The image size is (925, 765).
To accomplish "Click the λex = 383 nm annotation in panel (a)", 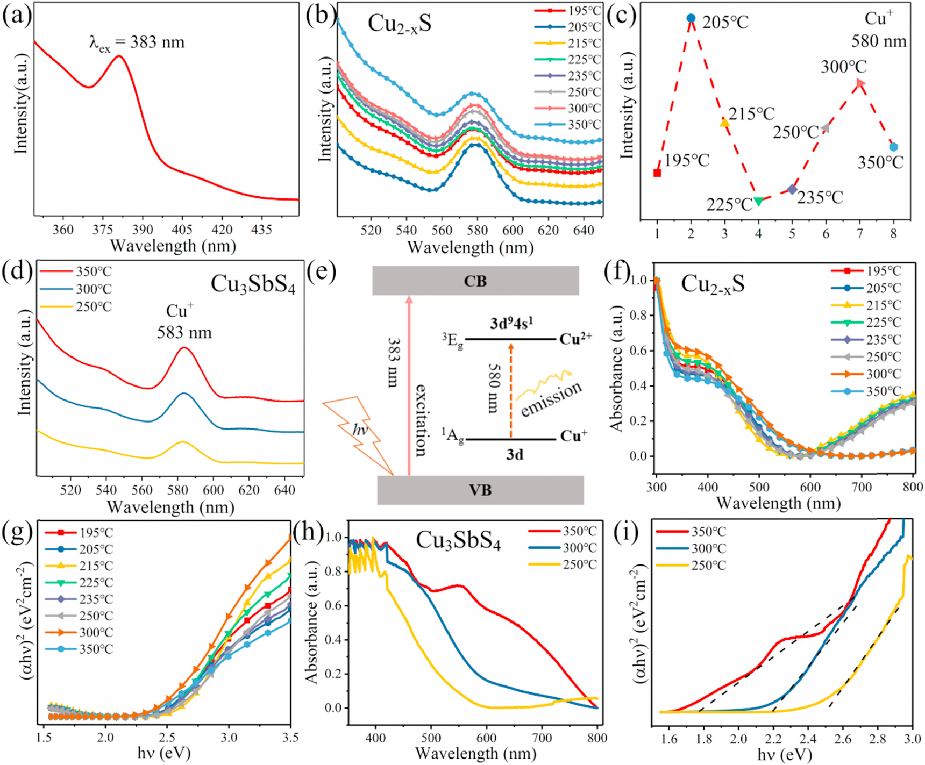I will [137, 42].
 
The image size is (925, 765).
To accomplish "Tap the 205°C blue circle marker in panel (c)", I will [691, 19].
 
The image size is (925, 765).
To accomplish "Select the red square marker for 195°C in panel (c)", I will [657, 173].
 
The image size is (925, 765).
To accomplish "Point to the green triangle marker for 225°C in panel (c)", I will [758, 202].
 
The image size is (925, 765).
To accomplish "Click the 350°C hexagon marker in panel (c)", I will [893, 147].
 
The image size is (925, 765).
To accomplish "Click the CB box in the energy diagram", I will [475, 281].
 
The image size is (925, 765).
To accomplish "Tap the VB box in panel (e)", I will [480, 490].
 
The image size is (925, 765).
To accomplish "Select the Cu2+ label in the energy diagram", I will [575, 339].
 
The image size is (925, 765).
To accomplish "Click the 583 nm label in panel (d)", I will [184, 333].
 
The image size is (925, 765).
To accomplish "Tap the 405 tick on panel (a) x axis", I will [182, 230].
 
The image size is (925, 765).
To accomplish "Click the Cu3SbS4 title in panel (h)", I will [458, 541].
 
